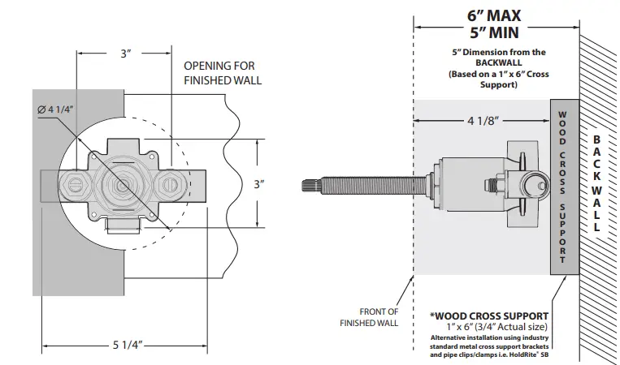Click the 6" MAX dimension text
pyautogui.click(x=495, y=15)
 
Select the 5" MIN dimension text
pyautogui.click(x=495, y=33)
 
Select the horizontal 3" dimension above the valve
pyautogui.click(x=124, y=54)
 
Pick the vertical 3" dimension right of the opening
pyautogui.click(x=258, y=184)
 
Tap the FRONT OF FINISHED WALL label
pyautogui.click(x=369, y=316)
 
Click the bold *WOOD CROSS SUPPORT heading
pyautogui.click(x=490, y=315)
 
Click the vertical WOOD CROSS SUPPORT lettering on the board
pyautogui.click(x=561, y=184)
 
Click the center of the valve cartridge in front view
pyautogui.click(x=123, y=185)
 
